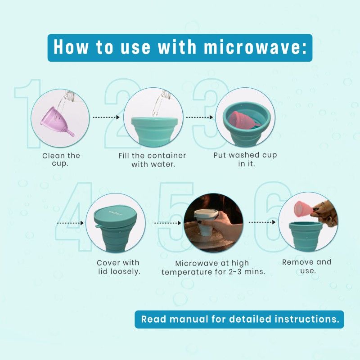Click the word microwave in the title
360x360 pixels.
tap(241, 47)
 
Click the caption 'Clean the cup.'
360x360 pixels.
tap(61, 160)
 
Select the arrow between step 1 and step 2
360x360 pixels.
tap(106, 117)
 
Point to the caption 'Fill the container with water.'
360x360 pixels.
tap(153, 160)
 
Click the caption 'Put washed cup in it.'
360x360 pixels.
tap(245, 159)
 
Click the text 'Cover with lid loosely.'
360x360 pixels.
tap(118, 267)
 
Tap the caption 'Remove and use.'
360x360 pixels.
tap(307, 266)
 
